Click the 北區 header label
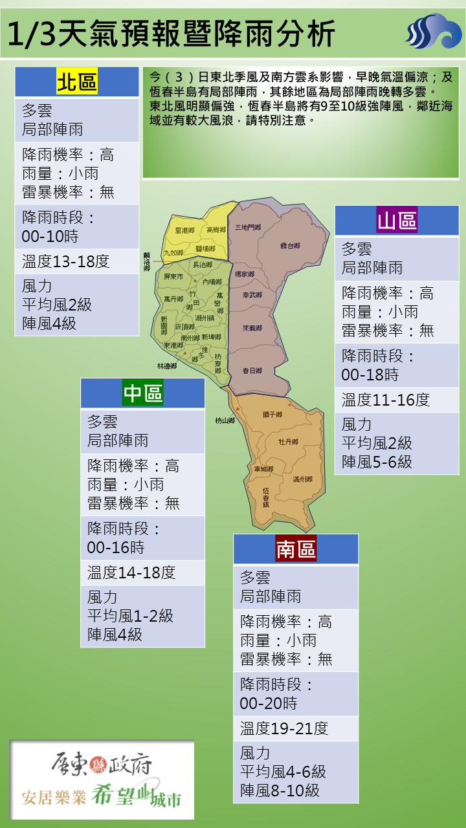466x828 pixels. (76, 82)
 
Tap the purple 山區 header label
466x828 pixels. (397, 221)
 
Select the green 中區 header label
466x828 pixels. (142, 393)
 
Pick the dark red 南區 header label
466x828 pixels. (296, 549)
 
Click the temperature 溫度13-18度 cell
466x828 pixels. (66, 261)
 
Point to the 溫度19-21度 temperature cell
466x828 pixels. (284, 728)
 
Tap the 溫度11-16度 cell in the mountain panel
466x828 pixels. (386, 400)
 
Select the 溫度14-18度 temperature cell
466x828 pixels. (131, 572)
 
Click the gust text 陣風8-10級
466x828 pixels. (280, 790)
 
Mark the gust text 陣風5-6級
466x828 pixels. (377, 462)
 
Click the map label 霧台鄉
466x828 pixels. (290, 246)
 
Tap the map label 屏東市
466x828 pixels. (174, 276)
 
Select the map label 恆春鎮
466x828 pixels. (266, 496)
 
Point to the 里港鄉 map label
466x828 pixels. (185, 230)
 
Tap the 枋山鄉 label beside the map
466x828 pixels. (225, 420)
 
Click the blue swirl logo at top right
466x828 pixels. (433, 31)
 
